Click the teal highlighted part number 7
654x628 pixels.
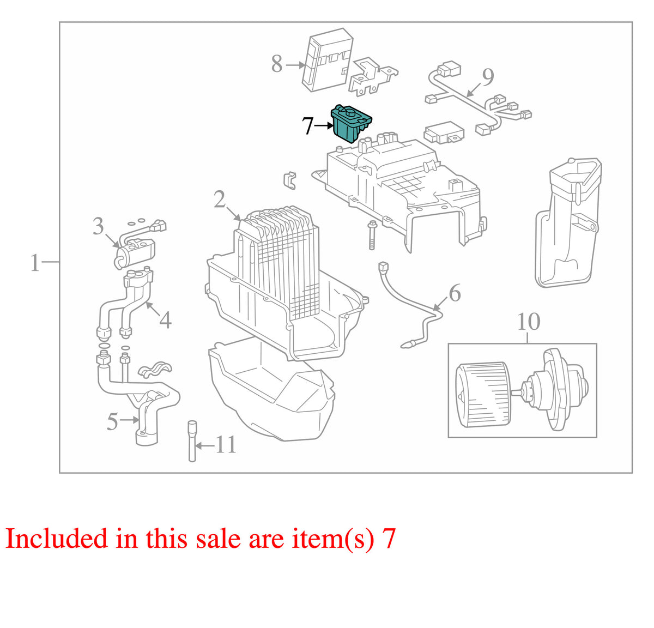click(x=351, y=124)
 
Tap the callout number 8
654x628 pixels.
click(x=277, y=64)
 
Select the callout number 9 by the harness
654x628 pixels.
click(x=488, y=77)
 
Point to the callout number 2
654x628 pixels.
click(x=220, y=199)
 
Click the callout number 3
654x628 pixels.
click(x=98, y=226)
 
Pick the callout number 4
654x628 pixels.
click(x=165, y=319)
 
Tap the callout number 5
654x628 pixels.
click(x=112, y=421)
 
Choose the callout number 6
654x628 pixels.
click(x=455, y=293)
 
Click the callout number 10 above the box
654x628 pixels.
click(x=529, y=322)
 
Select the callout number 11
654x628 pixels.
click(x=226, y=444)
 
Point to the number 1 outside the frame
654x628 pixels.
click(x=35, y=263)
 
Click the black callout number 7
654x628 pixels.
click(x=307, y=126)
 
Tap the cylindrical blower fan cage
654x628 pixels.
click(x=483, y=394)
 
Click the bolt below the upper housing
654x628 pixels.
click(x=372, y=235)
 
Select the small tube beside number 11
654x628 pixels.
click(x=192, y=440)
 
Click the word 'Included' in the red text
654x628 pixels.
click(x=56, y=538)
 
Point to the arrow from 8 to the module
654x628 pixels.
click(x=295, y=64)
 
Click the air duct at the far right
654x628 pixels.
click(x=567, y=222)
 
